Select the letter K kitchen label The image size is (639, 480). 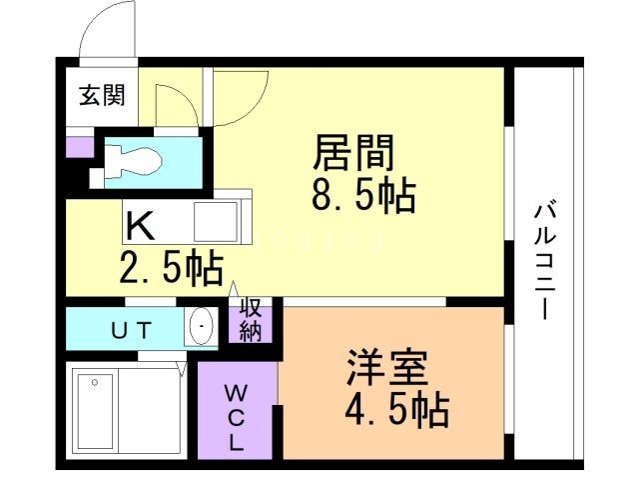coord(141,226)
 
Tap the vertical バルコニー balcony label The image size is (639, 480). coord(545,259)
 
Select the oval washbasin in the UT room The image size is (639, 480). coord(202,327)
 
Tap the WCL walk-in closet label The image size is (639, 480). coord(238,412)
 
